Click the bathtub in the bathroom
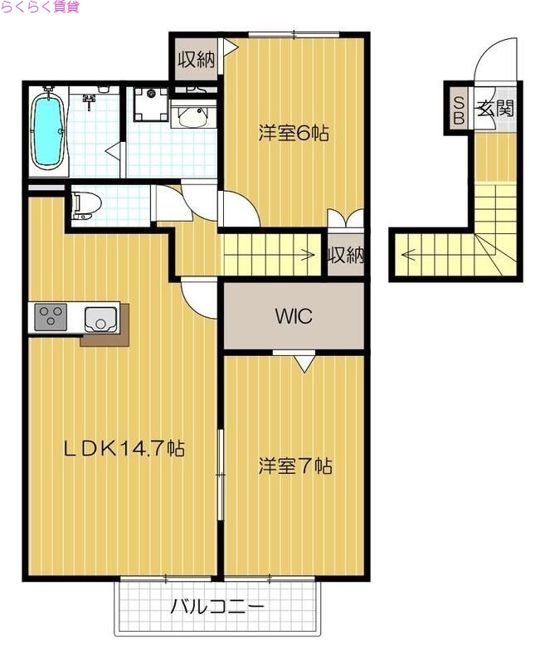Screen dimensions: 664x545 pyautogui.click(x=47, y=130)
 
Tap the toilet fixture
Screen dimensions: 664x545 pyautogui.click(x=82, y=203)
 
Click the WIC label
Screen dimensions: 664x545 pyautogui.click(x=294, y=316)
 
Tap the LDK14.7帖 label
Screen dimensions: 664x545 pyautogui.click(x=124, y=448)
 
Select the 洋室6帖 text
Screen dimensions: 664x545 pyautogui.click(x=294, y=133)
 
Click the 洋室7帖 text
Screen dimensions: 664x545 pyautogui.click(x=294, y=466)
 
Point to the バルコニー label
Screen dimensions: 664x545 pyautogui.click(x=217, y=607)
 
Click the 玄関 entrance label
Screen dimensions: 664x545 pyautogui.click(x=494, y=107)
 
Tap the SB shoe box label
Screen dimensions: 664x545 pyautogui.click(x=457, y=108)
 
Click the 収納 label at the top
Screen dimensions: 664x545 pyautogui.click(x=196, y=60)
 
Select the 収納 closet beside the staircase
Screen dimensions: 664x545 pyautogui.click(x=345, y=255)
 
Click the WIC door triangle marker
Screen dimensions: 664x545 pyautogui.click(x=304, y=361)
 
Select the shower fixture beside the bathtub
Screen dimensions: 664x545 pyautogui.click(x=89, y=100)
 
